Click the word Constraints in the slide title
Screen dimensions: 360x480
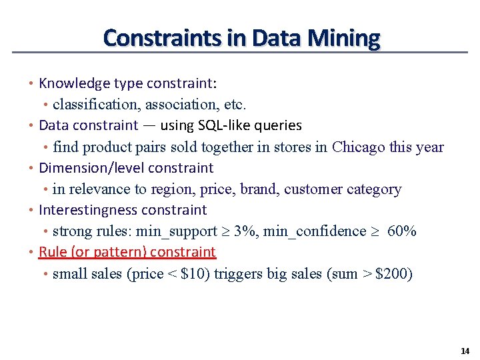click(163, 37)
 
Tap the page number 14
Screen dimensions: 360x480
click(465, 351)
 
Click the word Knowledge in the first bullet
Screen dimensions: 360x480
click(74, 83)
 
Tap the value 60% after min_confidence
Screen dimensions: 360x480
click(401, 231)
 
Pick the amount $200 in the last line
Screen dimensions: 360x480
click(394, 274)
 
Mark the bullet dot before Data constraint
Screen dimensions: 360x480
click(31, 125)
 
